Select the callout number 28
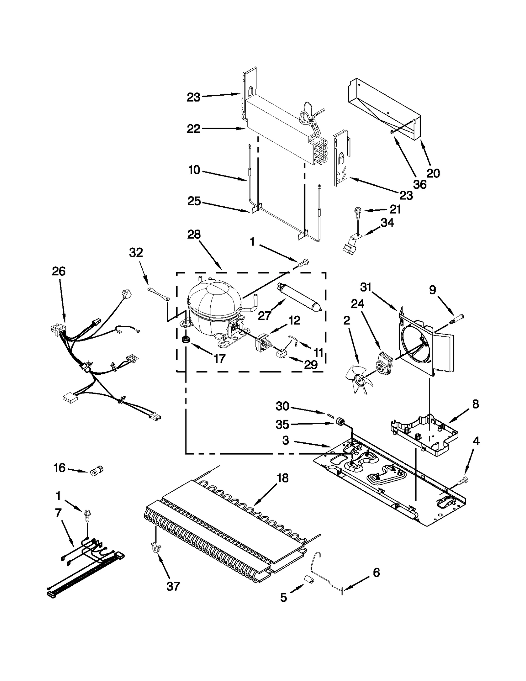[x=194, y=235]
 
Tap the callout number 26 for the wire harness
[x=59, y=271]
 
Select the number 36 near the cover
[x=420, y=184]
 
